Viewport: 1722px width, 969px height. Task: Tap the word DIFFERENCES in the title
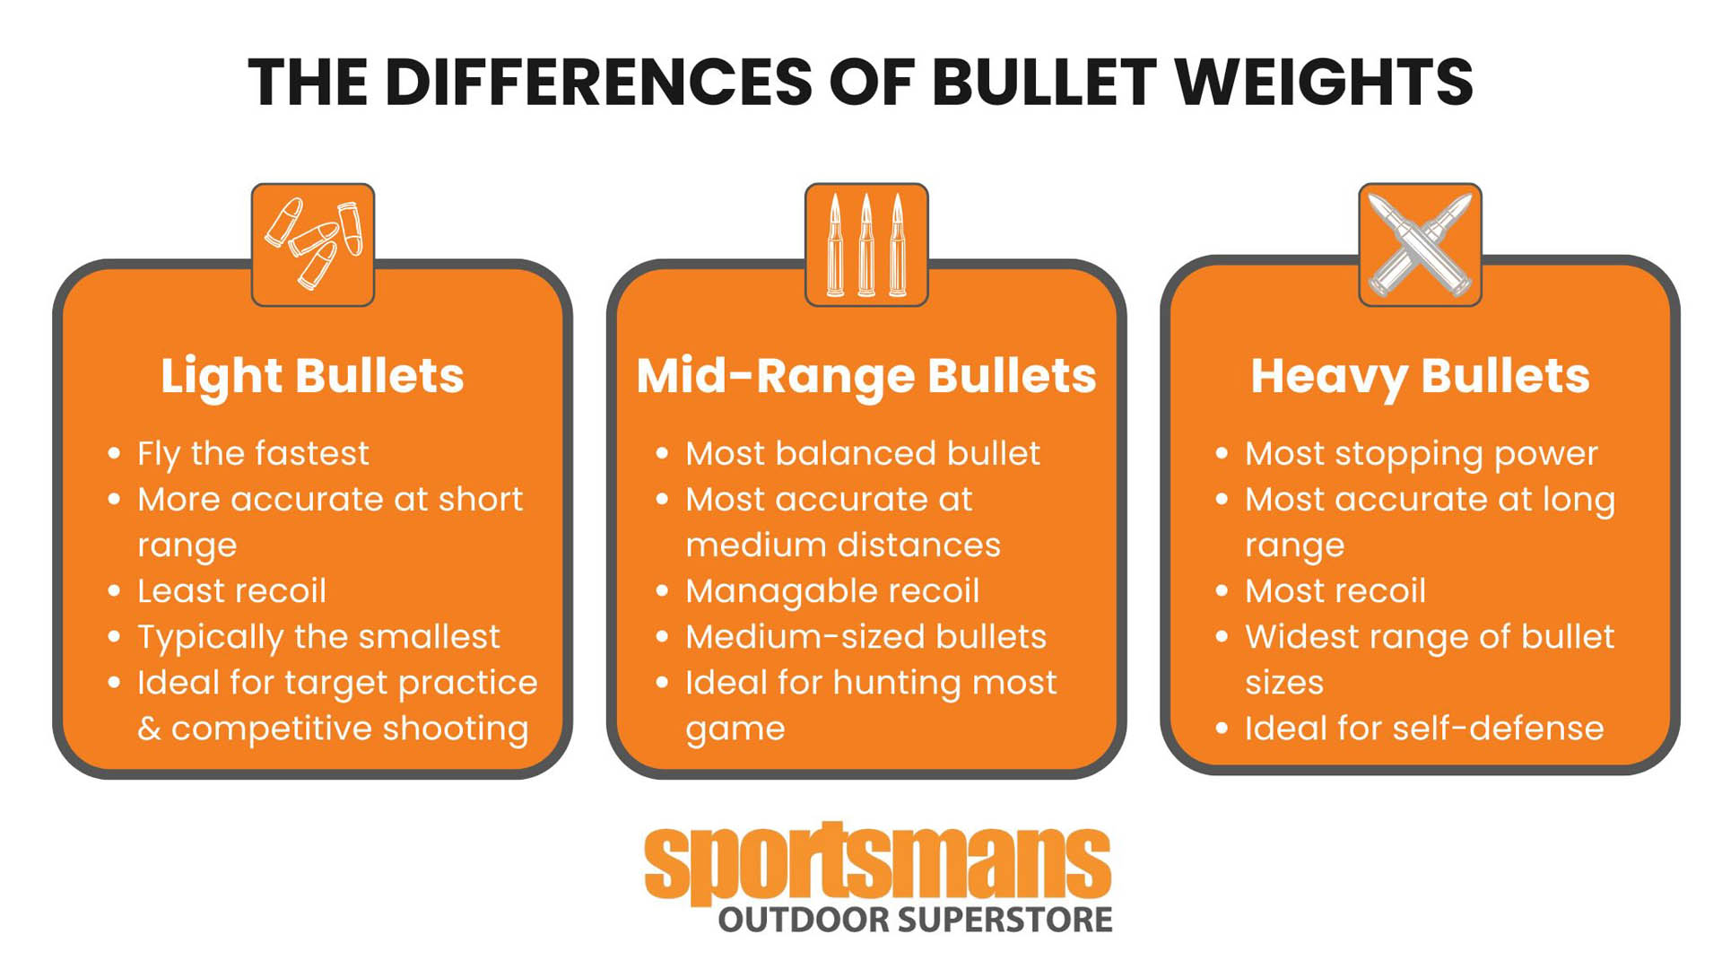(598, 83)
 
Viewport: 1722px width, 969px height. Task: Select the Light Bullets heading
(312, 375)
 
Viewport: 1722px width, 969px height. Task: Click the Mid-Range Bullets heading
(866, 375)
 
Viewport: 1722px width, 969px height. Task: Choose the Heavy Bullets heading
(1420, 375)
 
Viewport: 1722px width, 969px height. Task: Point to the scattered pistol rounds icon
(313, 245)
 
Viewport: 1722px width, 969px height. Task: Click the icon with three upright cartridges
(866, 245)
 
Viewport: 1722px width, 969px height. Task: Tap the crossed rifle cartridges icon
(1420, 245)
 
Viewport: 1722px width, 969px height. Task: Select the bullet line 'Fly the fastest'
(253, 454)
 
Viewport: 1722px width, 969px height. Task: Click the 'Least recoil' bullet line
(231, 591)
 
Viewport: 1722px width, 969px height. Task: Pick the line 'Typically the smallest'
(318, 637)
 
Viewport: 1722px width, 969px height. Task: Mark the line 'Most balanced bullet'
(863, 454)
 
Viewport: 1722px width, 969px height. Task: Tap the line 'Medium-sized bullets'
(865, 637)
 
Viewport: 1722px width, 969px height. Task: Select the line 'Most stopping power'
(1421, 454)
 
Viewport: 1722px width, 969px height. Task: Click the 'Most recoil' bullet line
(1335, 591)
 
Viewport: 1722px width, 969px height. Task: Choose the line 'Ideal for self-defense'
(1423, 729)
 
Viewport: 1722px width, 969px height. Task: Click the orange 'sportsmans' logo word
(877, 863)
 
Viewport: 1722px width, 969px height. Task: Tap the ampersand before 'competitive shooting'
(149, 729)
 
